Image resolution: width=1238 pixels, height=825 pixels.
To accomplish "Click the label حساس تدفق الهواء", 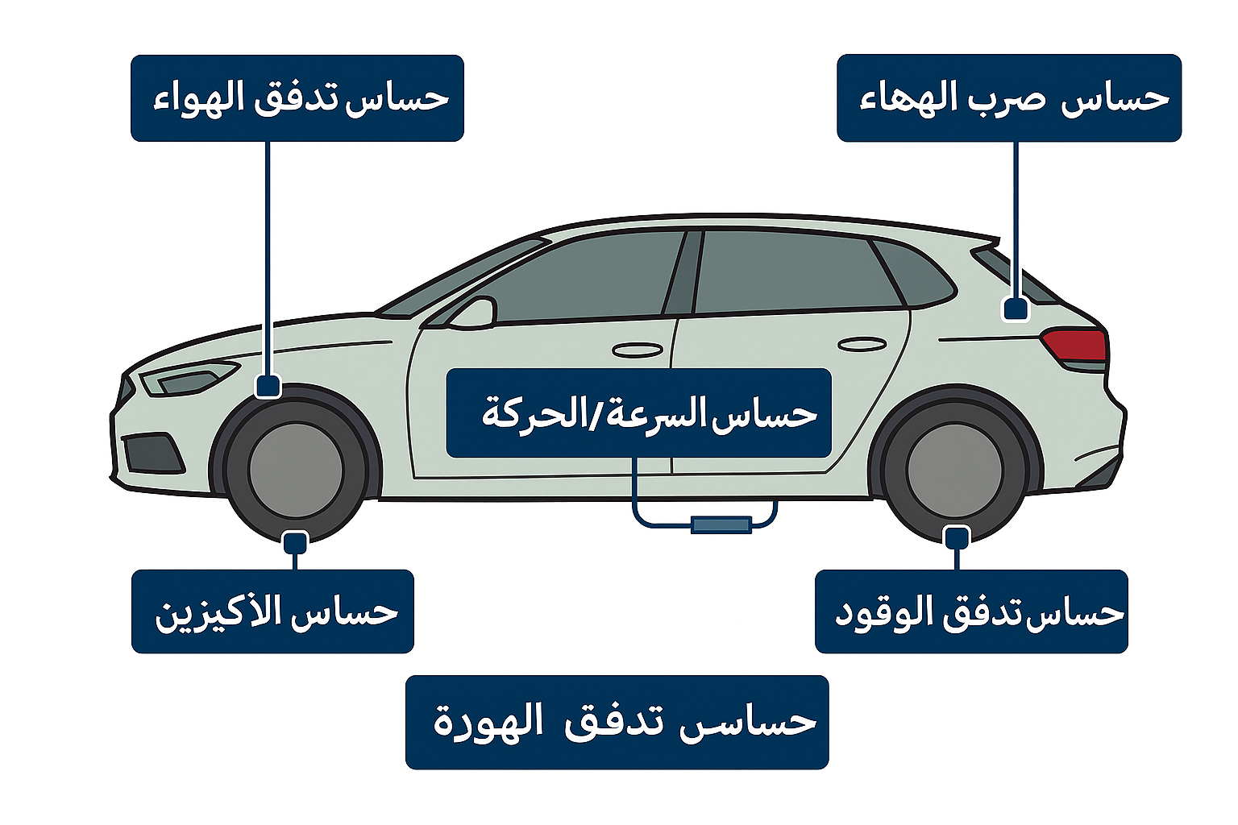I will click(297, 98).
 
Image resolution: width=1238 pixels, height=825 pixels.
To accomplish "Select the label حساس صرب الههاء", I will click(1008, 98).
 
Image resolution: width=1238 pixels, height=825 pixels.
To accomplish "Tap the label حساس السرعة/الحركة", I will click(638, 413).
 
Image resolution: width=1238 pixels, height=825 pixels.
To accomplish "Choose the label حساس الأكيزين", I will click(272, 611).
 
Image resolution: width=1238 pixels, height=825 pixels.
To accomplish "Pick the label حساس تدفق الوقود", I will click(971, 611).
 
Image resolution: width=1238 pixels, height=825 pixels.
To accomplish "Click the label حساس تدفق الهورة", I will click(617, 722).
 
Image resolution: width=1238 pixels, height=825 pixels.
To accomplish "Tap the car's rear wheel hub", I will click(954, 471).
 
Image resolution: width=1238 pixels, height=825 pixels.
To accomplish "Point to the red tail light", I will click(1076, 345).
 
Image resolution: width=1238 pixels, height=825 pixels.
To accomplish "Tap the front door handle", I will click(638, 350).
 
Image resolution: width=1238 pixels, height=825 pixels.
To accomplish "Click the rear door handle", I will click(862, 345).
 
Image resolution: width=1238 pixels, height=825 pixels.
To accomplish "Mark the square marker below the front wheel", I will click(296, 542).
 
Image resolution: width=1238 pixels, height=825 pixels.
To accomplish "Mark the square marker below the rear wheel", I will click(957, 537).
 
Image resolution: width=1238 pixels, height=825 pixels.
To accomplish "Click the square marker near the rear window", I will click(1016, 309).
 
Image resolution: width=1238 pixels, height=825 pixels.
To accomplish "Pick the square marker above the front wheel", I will click(268, 386).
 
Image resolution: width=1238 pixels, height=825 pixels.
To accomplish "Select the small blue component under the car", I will click(721, 525).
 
